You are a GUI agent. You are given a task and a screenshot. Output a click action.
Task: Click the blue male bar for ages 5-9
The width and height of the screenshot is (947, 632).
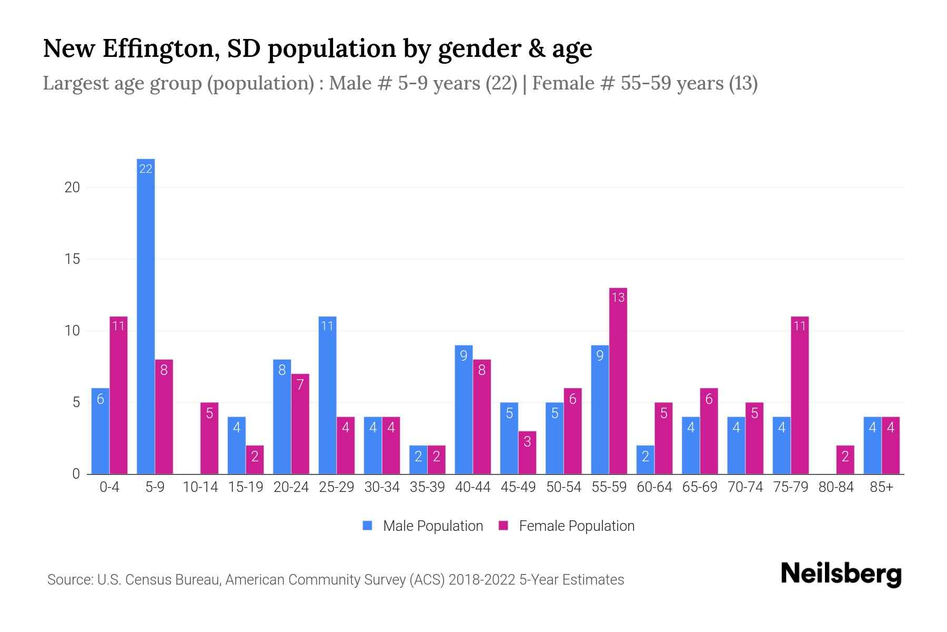[146, 316]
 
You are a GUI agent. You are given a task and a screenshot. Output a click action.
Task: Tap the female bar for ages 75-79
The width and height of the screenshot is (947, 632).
[800, 395]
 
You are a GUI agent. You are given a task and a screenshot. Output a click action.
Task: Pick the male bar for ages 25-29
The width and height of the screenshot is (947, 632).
[327, 395]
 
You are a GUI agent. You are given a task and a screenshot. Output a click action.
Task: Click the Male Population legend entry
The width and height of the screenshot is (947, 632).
[423, 526]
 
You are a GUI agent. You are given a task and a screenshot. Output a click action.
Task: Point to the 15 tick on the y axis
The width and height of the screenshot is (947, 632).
[72, 259]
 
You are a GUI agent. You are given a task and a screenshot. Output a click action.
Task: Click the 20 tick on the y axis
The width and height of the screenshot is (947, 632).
[72, 187]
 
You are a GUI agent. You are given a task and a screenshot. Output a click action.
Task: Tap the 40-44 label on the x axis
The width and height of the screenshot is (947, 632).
[472, 487]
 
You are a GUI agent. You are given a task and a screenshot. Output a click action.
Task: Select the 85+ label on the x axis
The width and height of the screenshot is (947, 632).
[881, 487]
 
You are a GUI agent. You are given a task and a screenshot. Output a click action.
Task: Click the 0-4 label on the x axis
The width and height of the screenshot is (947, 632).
[109, 487]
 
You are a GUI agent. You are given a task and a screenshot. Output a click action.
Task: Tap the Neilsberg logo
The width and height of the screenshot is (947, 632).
[841, 574]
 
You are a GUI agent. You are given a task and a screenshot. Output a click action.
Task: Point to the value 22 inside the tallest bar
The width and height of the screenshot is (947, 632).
[146, 169]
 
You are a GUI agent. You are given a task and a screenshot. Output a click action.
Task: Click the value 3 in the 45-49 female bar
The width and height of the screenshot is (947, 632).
[527, 441]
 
